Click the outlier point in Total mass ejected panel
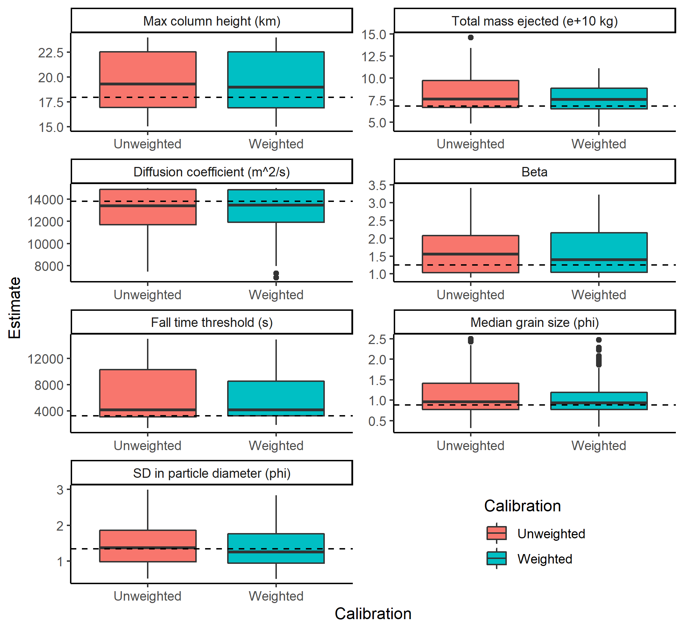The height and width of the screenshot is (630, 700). tap(471, 37)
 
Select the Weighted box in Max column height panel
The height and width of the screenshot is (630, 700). tap(276, 79)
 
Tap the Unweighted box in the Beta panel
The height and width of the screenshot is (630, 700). tap(470, 254)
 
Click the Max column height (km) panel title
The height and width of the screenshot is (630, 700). tap(212, 21)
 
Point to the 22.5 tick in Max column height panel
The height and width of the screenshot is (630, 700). tap(51, 53)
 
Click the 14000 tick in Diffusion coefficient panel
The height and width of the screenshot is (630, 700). tap(45, 200)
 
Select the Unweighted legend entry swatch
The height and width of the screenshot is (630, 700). tap(496, 533)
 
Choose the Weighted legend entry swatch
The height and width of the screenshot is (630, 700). tap(496, 559)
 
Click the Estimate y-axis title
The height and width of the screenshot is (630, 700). tap(15, 308)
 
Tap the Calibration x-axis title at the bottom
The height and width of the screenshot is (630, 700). tap(373, 614)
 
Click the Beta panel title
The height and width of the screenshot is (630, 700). tap(534, 172)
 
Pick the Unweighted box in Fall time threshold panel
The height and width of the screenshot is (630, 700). tap(148, 393)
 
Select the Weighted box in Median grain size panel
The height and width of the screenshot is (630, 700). tap(599, 401)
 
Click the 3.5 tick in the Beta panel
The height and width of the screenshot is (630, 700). tap(377, 185)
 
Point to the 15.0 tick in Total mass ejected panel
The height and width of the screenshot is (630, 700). tap(374, 35)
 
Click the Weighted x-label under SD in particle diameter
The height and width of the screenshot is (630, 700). tap(276, 596)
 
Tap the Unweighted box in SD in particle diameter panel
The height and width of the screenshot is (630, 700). tap(148, 546)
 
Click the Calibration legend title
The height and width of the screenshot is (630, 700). tap(522, 506)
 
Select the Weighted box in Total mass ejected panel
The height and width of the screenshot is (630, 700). tap(599, 98)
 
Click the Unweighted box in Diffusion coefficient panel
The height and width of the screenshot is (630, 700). tap(148, 207)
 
